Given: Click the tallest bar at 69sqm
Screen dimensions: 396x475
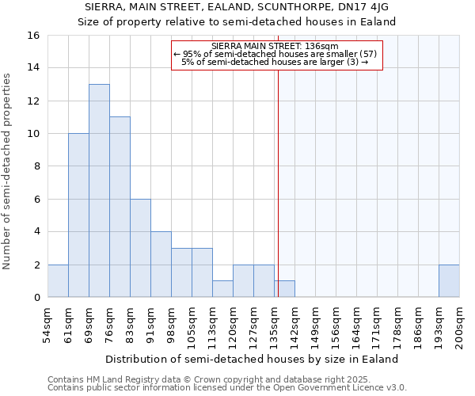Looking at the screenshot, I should [99, 191].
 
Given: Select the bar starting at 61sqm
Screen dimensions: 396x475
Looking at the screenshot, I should [78, 215].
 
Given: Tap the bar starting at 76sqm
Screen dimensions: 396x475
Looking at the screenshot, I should [120, 208].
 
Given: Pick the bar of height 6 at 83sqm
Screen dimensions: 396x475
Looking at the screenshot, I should [140, 248].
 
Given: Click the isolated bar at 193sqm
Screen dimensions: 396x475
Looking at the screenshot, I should [449, 281].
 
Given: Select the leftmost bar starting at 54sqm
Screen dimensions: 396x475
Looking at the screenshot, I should [58, 281].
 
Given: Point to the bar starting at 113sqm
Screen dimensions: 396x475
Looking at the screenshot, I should [222, 289].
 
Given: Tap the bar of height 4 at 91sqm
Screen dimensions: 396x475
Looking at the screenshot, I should [161, 265].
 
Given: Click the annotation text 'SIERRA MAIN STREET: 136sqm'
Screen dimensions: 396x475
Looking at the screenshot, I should [275, 46].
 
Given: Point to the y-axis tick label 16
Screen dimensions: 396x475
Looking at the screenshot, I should [33, 36].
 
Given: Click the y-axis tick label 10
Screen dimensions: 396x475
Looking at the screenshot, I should [33, 134].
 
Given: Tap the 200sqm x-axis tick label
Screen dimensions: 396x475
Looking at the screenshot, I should [460, 326].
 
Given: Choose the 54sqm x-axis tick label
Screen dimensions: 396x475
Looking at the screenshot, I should [48, 326].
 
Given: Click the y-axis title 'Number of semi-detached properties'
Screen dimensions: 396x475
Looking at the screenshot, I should [8, 170].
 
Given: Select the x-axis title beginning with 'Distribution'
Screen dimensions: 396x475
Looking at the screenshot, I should [252, 359].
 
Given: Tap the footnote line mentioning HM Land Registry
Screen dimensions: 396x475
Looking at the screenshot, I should [214, 379].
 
